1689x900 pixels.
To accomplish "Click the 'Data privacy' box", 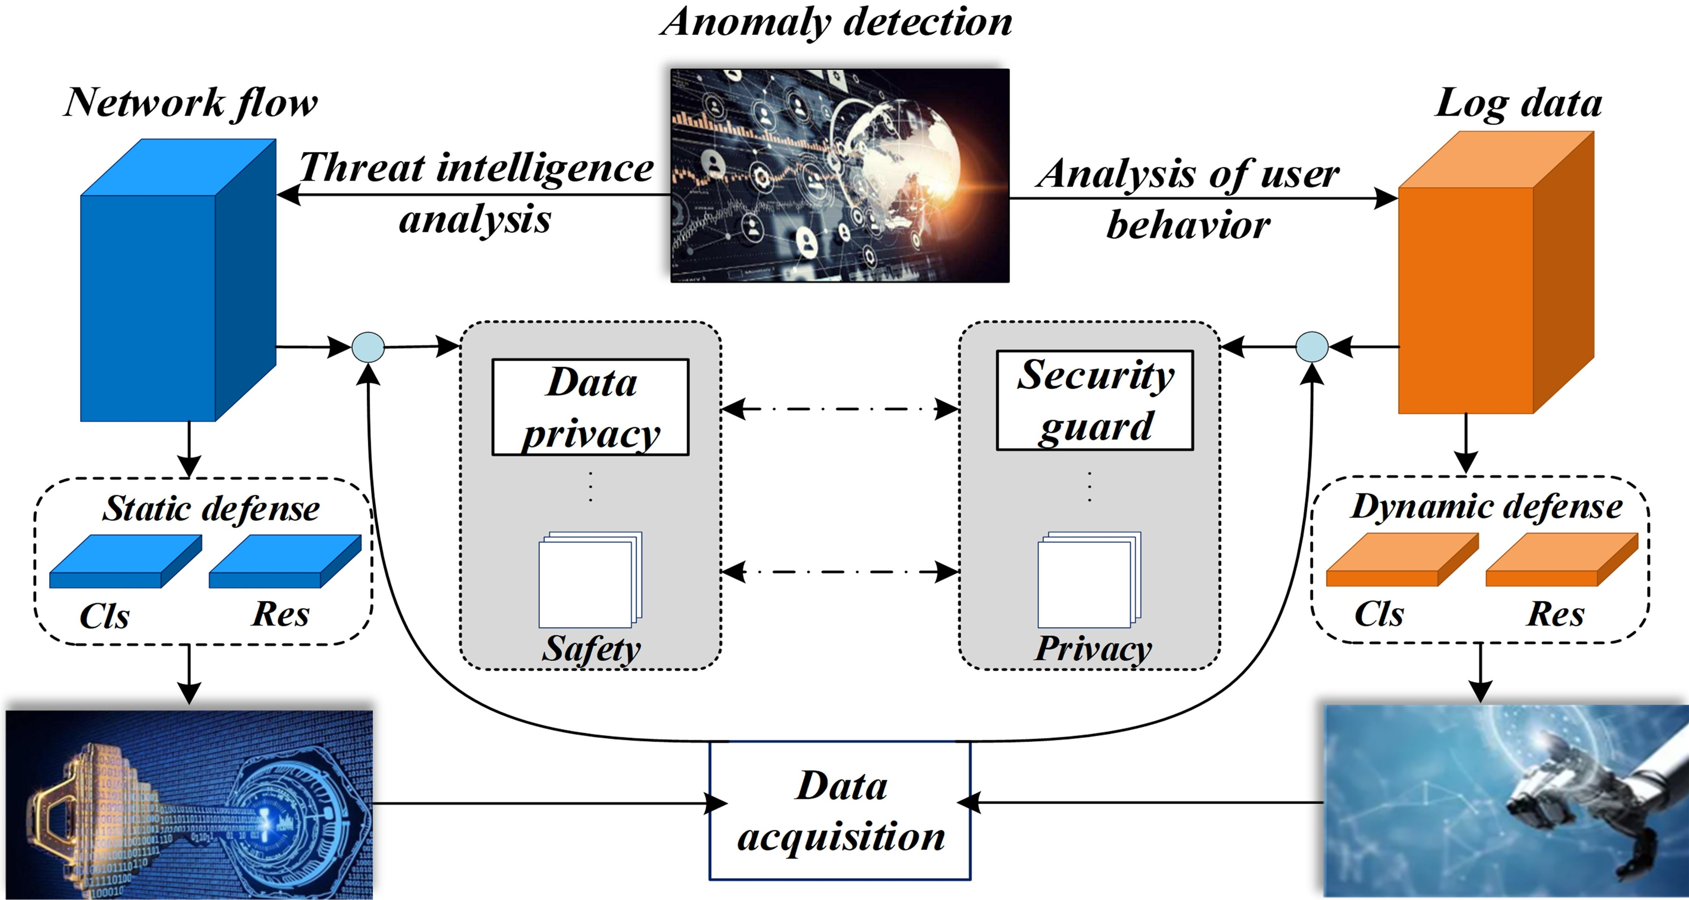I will tap(590, 407).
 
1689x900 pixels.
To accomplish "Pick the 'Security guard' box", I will tap(1094, 400).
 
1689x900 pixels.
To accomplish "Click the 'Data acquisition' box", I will tap(840, 811).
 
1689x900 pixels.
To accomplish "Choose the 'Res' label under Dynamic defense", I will tap(1555, 614).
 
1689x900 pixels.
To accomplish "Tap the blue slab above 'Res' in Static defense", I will tap(285, 561).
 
